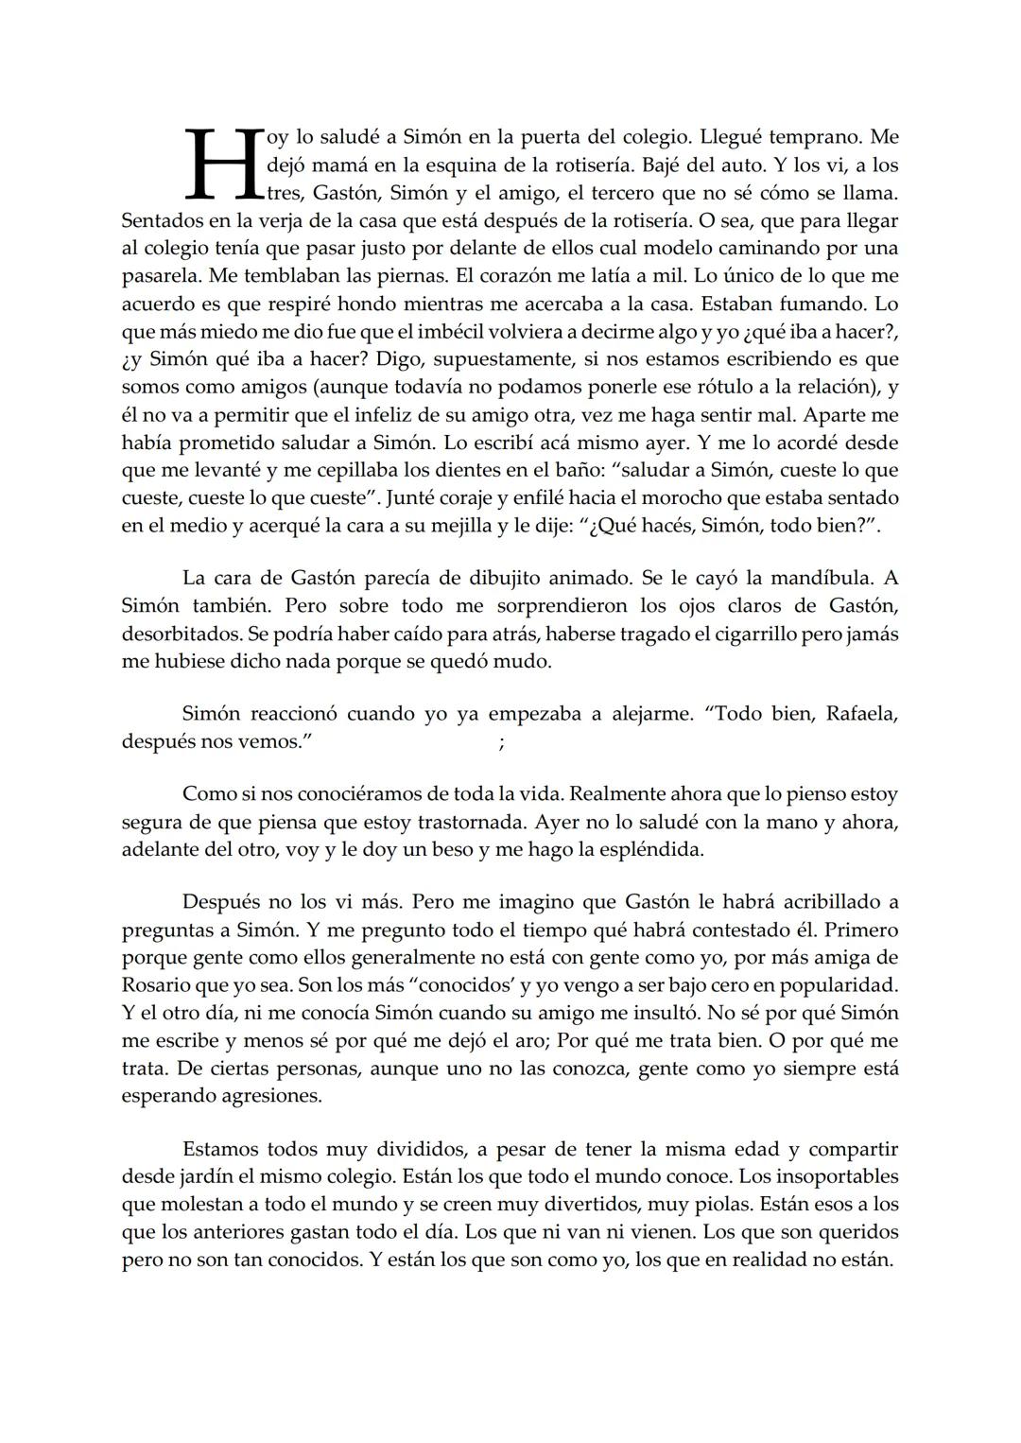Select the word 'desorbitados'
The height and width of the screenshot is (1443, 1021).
(179, 634)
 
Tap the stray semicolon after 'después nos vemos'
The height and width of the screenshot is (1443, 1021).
(501, 744)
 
